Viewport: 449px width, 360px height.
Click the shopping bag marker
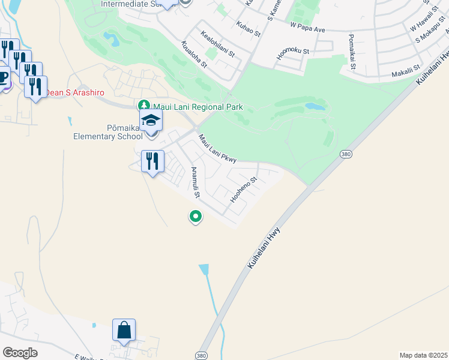coord(124,331)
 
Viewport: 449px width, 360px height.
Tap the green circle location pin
coord(194,216)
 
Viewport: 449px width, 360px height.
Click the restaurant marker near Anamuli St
coord(152,161)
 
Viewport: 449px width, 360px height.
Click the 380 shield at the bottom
coord(202,355)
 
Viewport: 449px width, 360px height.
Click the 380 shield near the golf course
coord(345,154)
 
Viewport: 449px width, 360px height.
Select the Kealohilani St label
coord(217,44)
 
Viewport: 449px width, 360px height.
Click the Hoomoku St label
coord(292,52)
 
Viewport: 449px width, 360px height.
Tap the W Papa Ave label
coord(307,26)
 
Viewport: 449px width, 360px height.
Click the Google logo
coord(20,353)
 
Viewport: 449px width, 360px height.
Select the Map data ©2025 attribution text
coord(423,355)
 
